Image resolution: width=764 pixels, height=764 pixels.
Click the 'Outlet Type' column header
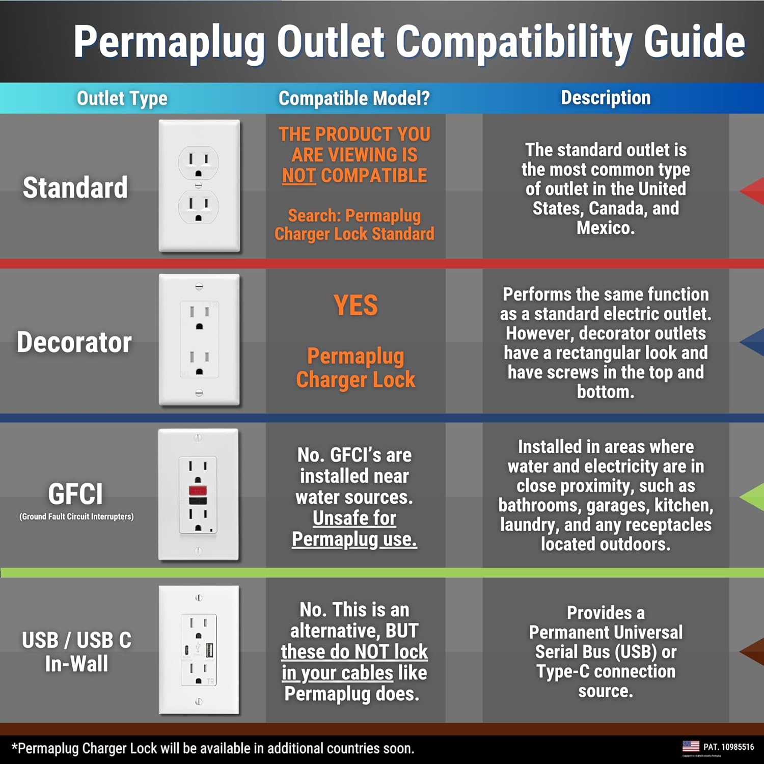122,98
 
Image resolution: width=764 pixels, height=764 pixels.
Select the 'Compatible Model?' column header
354,98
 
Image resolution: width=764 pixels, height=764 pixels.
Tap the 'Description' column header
606,98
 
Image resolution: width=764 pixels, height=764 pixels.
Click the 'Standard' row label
75,187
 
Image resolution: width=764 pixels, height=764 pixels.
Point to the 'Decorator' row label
74,342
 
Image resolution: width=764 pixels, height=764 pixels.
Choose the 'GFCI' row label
75,494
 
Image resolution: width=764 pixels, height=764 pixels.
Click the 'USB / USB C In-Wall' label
76,651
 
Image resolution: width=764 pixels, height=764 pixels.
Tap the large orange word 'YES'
356,306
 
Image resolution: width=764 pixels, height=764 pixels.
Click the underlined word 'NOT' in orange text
299,176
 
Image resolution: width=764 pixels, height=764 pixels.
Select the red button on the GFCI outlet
198,491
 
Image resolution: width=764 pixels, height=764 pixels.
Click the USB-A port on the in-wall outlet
209,649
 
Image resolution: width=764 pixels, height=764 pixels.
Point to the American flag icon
691,746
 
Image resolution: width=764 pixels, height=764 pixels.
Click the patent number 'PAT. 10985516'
728,747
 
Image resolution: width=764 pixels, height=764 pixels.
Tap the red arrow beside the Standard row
752,191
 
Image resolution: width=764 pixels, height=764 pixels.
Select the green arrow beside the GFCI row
752,497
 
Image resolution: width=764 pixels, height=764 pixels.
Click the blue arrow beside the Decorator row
752,343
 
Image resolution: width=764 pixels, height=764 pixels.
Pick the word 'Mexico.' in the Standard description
606,228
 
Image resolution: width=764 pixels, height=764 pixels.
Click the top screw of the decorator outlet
199,287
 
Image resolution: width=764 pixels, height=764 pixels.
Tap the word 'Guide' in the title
695,42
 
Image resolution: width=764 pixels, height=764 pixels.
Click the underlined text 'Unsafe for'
354,518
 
